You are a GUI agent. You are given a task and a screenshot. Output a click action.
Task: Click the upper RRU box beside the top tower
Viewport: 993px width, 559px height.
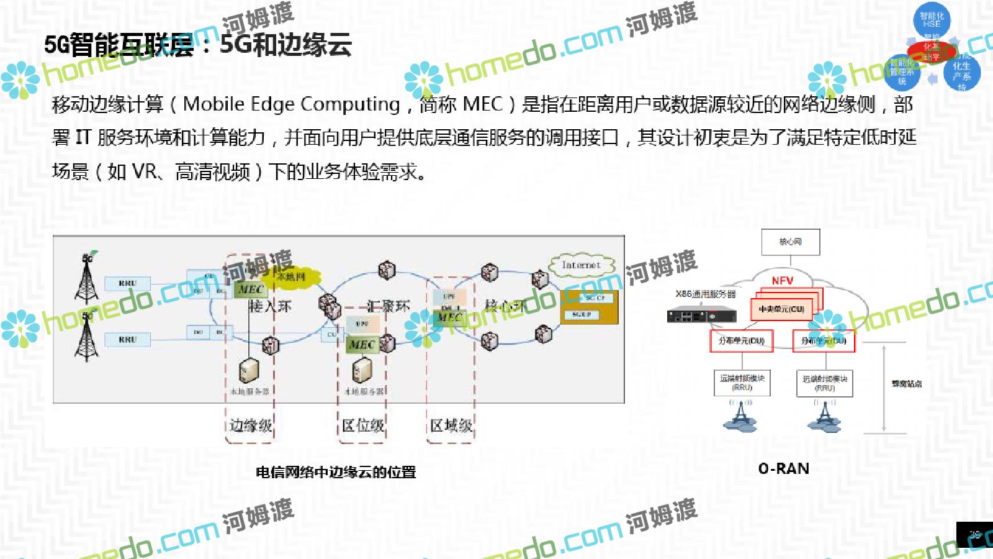coord(127,283)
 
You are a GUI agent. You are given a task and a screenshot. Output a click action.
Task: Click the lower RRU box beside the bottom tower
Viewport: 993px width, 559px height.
coord(127,340)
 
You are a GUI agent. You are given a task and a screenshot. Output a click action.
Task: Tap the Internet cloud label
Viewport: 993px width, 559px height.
coord(582,265)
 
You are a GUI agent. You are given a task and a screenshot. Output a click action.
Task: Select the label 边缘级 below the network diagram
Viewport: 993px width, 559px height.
coord(250,425)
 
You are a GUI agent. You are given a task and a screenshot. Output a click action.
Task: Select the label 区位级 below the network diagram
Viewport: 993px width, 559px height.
coord(363,425)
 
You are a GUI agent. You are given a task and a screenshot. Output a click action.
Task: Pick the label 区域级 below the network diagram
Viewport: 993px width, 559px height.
coord(451,425)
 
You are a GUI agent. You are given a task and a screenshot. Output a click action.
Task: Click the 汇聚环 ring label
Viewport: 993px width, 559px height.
coord(388,306)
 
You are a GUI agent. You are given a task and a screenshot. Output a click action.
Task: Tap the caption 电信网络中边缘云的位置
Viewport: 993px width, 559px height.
coord(336,473)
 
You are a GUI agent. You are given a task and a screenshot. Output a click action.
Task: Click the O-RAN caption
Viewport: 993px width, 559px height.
coord(783,469)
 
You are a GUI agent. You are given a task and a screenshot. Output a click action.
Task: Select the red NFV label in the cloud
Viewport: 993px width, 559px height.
coord(782,281)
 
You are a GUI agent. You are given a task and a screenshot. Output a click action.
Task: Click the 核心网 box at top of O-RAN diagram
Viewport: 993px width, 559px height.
coord(791,242)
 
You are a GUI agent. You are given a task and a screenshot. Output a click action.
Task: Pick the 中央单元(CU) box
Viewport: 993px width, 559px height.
coord(781,309)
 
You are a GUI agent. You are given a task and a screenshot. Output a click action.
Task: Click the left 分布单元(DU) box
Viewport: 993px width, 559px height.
coord(742,341)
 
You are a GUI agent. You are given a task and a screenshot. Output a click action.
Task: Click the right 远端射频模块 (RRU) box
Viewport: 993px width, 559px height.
coord(824,383)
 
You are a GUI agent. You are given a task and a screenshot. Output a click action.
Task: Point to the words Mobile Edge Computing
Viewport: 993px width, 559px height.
coord(292,104)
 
